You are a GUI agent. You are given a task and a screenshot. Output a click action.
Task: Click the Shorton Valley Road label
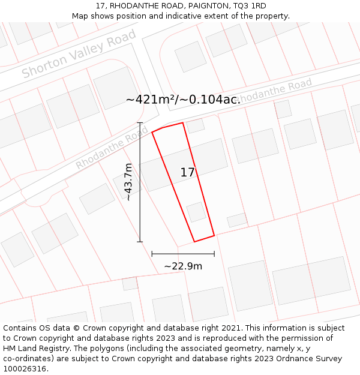point(79,55)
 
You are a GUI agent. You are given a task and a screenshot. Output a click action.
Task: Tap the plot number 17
point(188,172)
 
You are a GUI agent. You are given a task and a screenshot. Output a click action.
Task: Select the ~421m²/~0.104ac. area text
point(183,100)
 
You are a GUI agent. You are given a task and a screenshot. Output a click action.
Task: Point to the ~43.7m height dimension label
point(128,182)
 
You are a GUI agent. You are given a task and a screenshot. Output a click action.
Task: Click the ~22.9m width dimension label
point(183,266)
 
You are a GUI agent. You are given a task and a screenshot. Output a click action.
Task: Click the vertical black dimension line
point(140,182)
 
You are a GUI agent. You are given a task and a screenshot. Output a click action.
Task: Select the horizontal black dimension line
point(183,254)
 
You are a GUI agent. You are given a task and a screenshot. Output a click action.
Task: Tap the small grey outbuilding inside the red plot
point(196,212)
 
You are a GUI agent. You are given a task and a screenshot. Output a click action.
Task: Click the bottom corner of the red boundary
point(194,242)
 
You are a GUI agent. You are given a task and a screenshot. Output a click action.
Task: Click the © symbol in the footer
point(76,328)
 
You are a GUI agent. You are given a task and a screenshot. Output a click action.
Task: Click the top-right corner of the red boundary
point(182,123)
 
